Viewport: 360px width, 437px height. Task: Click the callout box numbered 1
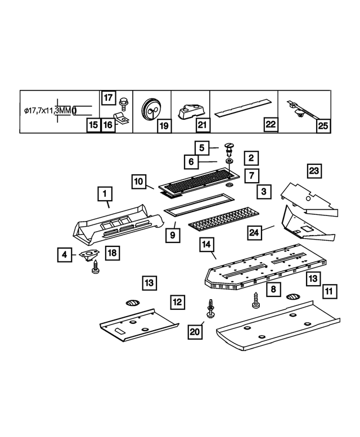click(x=104, y=195)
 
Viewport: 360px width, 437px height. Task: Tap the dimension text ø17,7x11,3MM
click(x=48, y=111)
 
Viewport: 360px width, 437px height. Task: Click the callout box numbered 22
click(x=271, y=125)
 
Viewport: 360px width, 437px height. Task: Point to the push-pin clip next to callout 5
click(x=229, y=149)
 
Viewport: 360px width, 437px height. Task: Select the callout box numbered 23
click(x=314, y=170)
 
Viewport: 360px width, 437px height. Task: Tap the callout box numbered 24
click(x=254, y=233)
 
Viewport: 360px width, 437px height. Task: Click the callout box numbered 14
click(x=206, y=245)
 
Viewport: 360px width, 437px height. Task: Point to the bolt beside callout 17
click(x=122, y=102)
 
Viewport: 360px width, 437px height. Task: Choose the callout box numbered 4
click(x=65, y=255)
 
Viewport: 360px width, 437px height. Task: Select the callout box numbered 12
click(x=178, y=302)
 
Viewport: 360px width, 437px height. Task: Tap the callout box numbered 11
click(x=330, y=291)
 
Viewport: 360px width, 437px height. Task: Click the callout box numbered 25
click(x=323, y=125)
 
